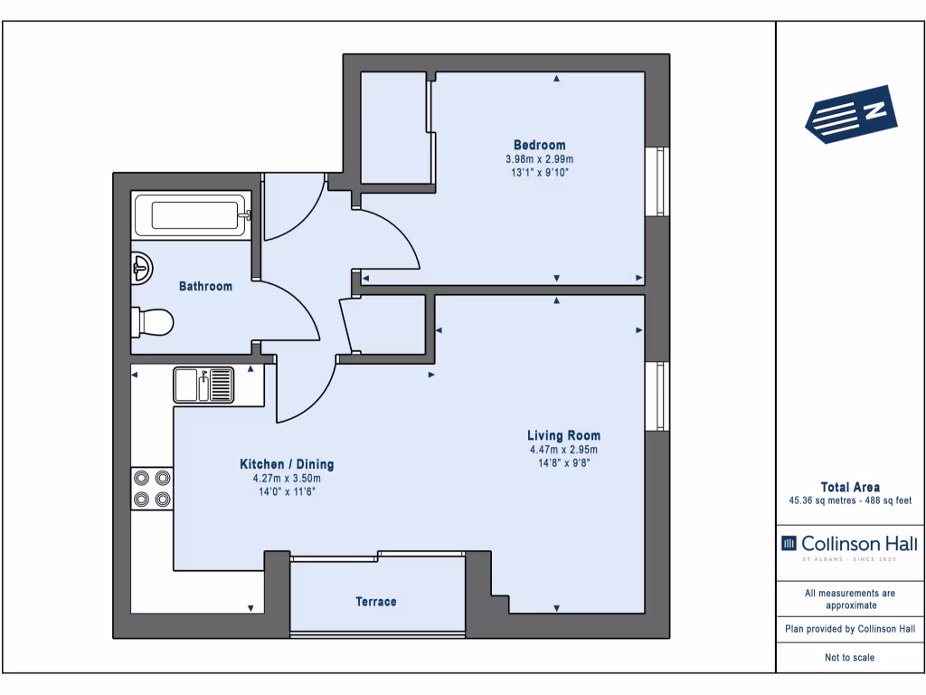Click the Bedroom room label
pos(539,145)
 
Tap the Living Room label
pos(563,435)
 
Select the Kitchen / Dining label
pos(287,464)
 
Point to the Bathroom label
pos(205,286)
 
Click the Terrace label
pos(375,602)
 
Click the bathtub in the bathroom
pos(192,214)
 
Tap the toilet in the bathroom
pos(152,322)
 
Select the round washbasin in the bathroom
pos(142,268)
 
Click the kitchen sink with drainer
pos(203,386)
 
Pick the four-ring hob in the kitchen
pos(152,488)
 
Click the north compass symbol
pos(851,115)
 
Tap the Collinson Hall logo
pos(849,547)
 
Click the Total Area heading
pos(850,487)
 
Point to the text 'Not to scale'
pos(849,657)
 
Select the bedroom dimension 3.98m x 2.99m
pos(539,159)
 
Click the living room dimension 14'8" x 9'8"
pos(563,462)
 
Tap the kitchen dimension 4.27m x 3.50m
pos(287,478)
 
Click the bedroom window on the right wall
pos(657,181)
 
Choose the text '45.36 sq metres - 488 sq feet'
pos(850,500)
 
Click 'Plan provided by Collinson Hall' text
pos(850,629)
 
